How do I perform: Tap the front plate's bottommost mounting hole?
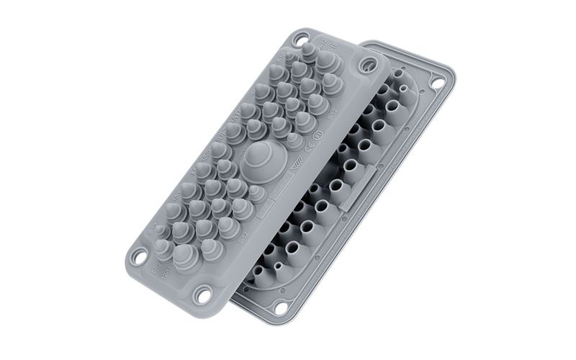[204, 295]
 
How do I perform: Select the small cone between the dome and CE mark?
[294, 139]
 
